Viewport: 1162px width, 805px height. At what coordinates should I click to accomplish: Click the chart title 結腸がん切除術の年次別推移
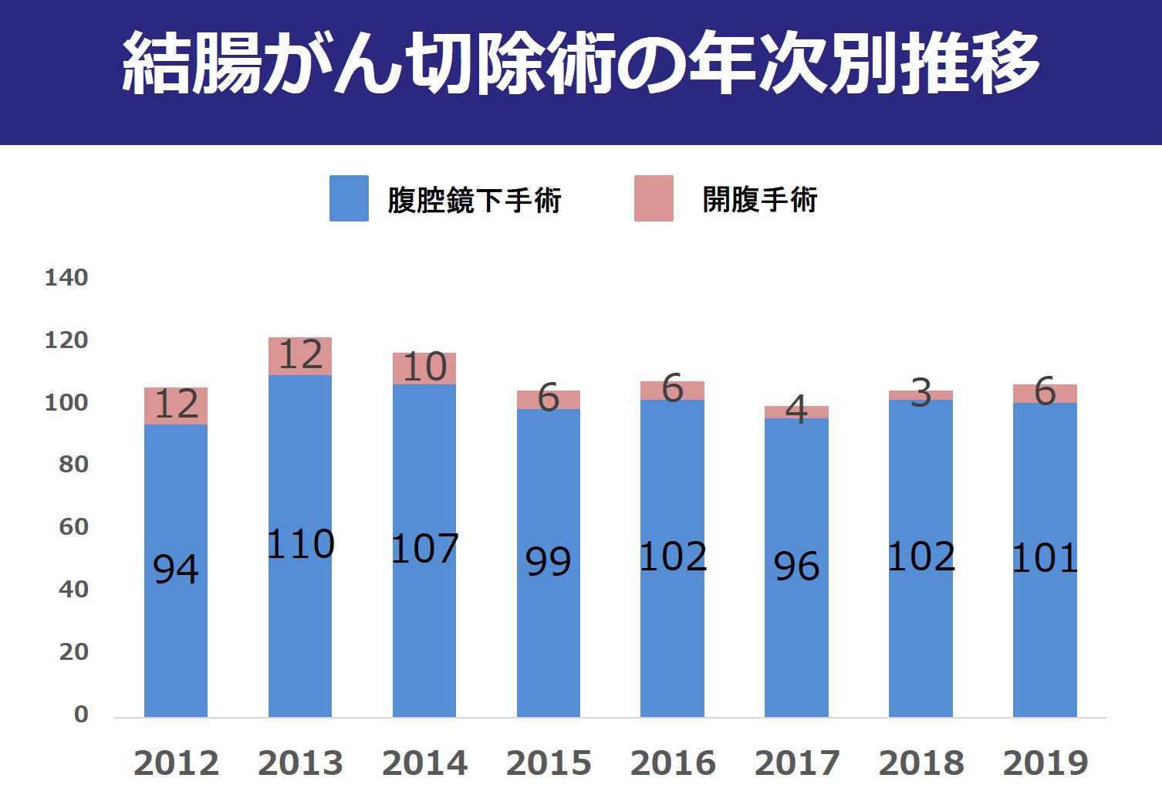(580, 63)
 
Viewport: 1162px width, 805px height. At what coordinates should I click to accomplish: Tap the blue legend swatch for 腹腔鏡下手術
(349, 198)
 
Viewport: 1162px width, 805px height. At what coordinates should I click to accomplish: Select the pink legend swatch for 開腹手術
(654, 198)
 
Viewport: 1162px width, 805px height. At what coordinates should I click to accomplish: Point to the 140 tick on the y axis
(66, 278)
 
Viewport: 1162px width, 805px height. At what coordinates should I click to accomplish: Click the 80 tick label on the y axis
(73, 465)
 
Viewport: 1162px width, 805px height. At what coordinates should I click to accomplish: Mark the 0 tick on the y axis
(81, 715)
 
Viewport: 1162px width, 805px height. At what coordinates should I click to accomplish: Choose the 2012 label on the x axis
(176, 763)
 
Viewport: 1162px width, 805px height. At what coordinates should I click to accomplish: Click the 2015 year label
(549, 763)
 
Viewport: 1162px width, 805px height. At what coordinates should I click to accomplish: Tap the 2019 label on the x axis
(1045, 763)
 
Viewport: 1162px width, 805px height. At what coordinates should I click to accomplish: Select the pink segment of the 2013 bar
(300, 356)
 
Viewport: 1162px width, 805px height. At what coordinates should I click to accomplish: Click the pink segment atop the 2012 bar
(176, 406)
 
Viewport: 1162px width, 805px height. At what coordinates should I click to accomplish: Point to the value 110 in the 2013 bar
(300, 544)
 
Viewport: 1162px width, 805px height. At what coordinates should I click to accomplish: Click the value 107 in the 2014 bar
(424, 549)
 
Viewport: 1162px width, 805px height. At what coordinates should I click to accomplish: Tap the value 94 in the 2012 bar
(176, 570)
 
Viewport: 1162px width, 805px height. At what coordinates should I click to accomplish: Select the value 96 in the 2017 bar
(796, 567)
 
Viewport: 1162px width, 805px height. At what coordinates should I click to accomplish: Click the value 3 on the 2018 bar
(920, 394)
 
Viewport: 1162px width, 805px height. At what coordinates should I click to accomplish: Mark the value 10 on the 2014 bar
(424, 367)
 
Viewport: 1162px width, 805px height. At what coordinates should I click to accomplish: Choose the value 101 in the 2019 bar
(1045, 558)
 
